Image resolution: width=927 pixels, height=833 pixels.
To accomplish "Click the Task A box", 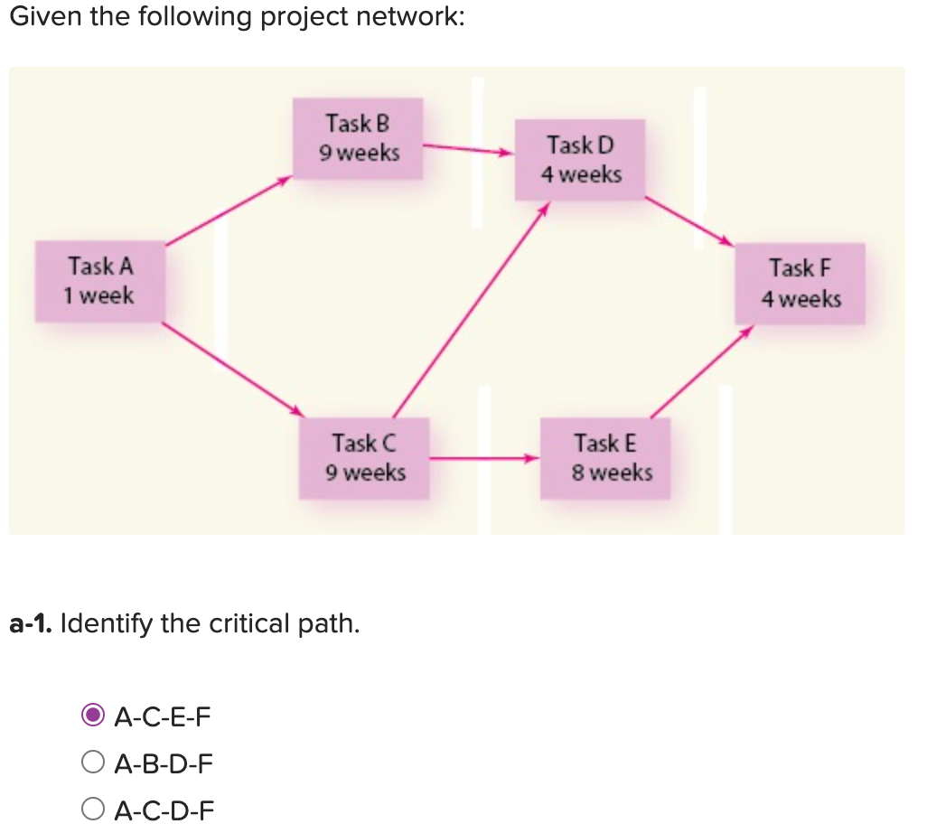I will [100, 281].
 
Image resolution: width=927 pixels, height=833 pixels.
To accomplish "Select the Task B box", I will [360, 137].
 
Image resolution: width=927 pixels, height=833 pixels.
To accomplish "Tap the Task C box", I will [364, 457].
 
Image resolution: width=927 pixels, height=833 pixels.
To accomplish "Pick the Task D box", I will [580, 159].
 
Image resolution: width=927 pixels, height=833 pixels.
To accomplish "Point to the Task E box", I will [605, 457].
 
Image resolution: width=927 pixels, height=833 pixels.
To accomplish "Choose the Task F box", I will [800, 283].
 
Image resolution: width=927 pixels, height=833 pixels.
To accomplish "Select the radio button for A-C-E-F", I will [92, 716].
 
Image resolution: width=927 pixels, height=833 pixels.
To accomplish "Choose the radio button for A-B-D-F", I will [92, 763].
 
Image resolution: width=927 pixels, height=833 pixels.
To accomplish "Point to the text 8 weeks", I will [612, 473].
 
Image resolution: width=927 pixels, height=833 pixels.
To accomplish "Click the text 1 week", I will [98, 295].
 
